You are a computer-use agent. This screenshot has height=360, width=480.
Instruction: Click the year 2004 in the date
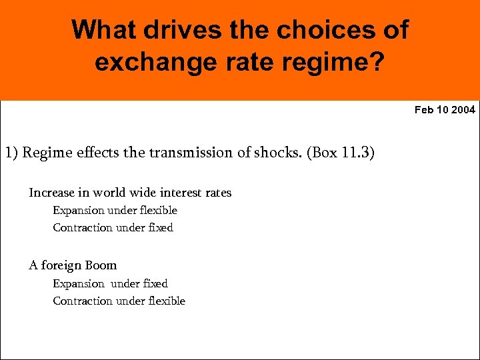(x=463, y=109)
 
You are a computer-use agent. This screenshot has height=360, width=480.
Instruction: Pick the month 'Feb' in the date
(x=424, y=109)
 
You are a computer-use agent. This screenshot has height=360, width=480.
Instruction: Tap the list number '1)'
(x=11, y=153)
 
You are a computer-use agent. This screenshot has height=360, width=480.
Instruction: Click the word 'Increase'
(x=51, y=193)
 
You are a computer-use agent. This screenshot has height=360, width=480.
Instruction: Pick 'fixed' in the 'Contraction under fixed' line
(x=160, y=228)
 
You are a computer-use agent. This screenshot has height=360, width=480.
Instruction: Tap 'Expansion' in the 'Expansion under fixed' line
(x=79, y=284)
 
